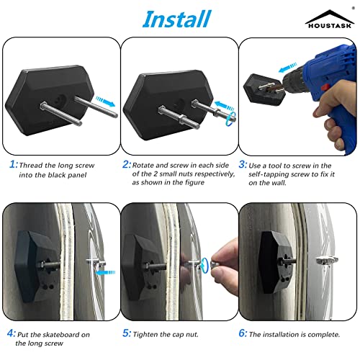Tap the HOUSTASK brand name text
(328, 28)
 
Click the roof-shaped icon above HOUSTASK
(328, 17)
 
